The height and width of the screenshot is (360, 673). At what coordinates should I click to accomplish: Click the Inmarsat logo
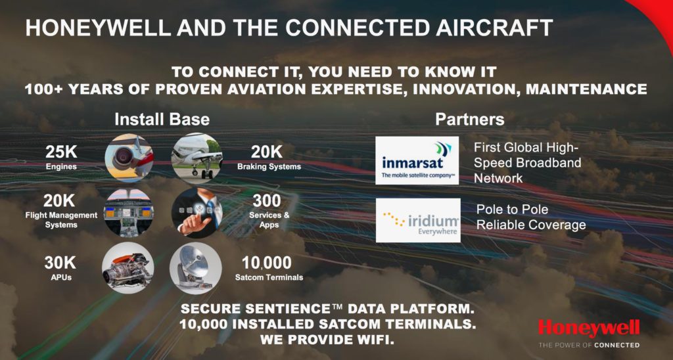pos(417,160)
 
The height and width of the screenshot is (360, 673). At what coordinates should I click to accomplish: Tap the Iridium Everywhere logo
pos(418,220)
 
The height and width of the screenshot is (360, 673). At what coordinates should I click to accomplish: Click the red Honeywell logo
pos(589,328)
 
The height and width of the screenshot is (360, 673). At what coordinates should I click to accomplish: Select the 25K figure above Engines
pos(61,152)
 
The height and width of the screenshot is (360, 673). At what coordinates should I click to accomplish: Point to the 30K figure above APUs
pos(60,262)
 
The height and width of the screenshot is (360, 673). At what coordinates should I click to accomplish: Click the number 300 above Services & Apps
pos(267,201)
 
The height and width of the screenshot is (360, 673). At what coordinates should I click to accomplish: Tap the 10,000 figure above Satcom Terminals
pos(267,262)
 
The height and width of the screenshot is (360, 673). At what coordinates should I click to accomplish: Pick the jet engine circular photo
pos(129,158)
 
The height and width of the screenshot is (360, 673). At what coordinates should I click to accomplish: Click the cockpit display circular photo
pos(129,213)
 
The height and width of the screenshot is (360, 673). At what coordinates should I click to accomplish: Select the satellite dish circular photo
pos(196,268)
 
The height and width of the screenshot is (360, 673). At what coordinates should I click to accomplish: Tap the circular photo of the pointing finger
pos(197,213)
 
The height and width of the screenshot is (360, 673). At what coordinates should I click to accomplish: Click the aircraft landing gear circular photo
pos(197,158)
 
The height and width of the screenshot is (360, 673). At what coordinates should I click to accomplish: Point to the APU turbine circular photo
pos(128,268)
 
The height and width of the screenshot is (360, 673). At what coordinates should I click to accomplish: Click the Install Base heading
pos(162,120)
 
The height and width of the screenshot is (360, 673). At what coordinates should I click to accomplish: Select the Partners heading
pos(470,120)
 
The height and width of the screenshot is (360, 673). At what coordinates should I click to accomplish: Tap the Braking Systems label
pos(269,166)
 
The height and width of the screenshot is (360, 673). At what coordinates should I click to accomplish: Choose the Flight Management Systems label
pos(61,220)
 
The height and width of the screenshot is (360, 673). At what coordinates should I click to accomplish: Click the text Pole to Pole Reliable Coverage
pos(531,217)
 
